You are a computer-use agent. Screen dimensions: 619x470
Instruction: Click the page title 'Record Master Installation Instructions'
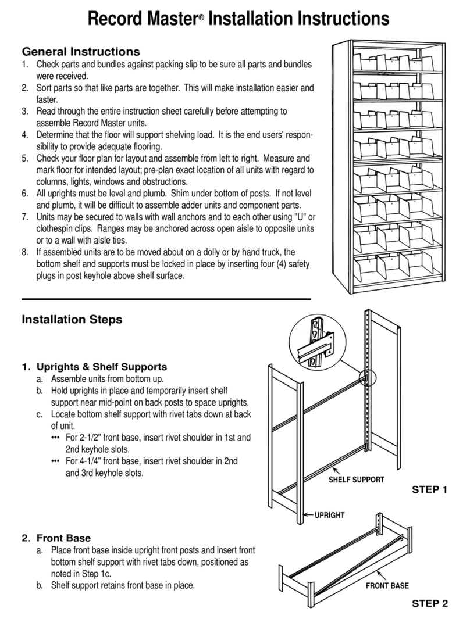[x=238, y=19]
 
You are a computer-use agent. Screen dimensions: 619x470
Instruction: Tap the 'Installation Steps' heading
[x=72, y=319]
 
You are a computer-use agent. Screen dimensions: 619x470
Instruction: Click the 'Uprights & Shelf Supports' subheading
[x=102, y=367]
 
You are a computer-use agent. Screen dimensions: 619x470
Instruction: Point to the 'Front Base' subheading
[x=63, y=538]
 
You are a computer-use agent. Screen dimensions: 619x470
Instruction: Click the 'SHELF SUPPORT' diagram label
[x=357, y=480]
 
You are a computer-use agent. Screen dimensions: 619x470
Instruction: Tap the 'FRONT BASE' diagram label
[x=387, y=585]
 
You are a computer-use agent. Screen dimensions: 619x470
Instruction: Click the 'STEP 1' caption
[x=430, y=489]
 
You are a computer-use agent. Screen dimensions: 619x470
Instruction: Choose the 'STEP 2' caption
[x=430, y=603]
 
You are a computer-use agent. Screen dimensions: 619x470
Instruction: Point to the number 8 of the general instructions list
[x=24, y=252]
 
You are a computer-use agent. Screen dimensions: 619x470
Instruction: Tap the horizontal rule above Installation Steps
[x=166, y=299]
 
